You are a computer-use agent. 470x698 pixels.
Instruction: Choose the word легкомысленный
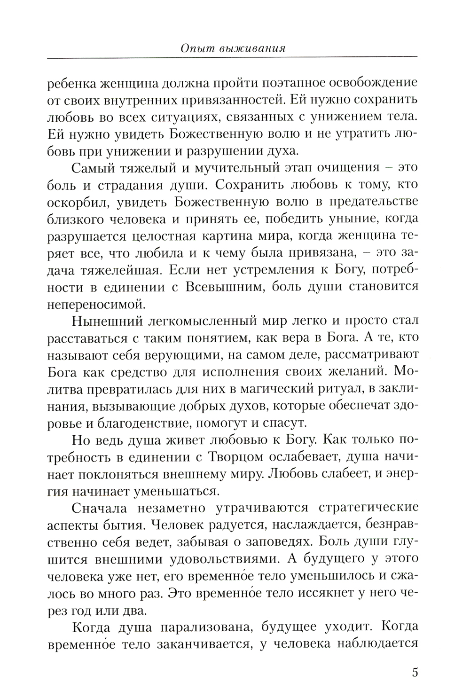pos(204,321)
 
